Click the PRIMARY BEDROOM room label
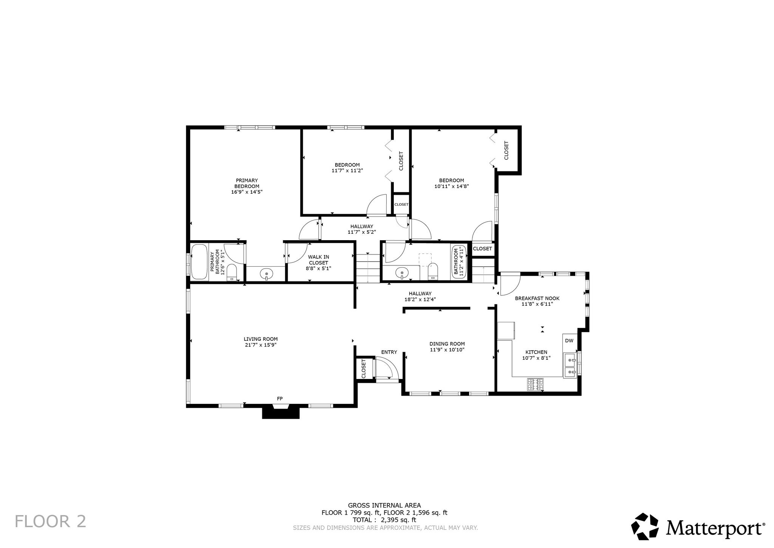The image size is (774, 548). [x=247, y=183]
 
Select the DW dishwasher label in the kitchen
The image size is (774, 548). [x=569, y=341]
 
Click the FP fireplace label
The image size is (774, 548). [x=280, y=399]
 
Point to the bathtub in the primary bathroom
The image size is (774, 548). [x=200, y=262]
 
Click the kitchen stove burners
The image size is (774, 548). [x=535, y=384]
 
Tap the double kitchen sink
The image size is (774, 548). [x=571, y=366]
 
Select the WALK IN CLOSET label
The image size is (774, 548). [x=319, y=260]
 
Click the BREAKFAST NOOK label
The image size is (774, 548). [x=537, y=298]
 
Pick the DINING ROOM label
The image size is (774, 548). [x=447, y=344]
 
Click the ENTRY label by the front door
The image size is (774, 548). [x=389, y=352]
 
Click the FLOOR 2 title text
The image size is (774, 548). [x=51, y=522]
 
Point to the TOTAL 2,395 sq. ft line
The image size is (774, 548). [x=384, y=520]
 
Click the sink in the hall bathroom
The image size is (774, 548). [x=401, y=273]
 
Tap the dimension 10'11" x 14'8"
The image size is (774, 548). [x=452, y=186]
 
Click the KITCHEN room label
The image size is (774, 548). [x=536, y=352]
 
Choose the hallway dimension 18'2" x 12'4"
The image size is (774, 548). [x=420, y=300]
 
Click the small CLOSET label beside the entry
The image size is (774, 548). [x=364, y=369]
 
